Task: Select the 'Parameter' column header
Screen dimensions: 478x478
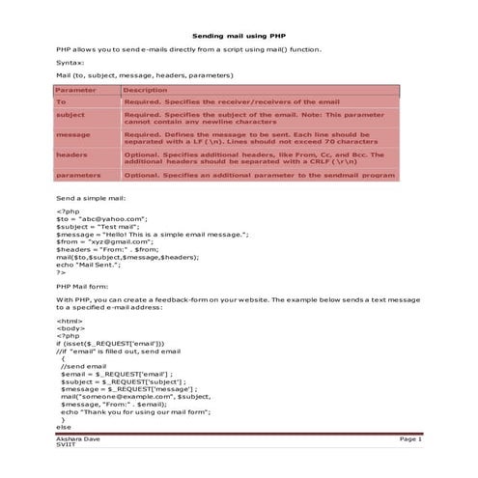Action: (75, 90)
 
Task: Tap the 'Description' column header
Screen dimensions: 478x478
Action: (146, 90)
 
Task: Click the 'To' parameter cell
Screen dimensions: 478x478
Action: (62, 101)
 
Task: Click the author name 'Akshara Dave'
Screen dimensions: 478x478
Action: (78, 439)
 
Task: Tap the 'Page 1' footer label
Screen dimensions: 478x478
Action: (411, 439)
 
